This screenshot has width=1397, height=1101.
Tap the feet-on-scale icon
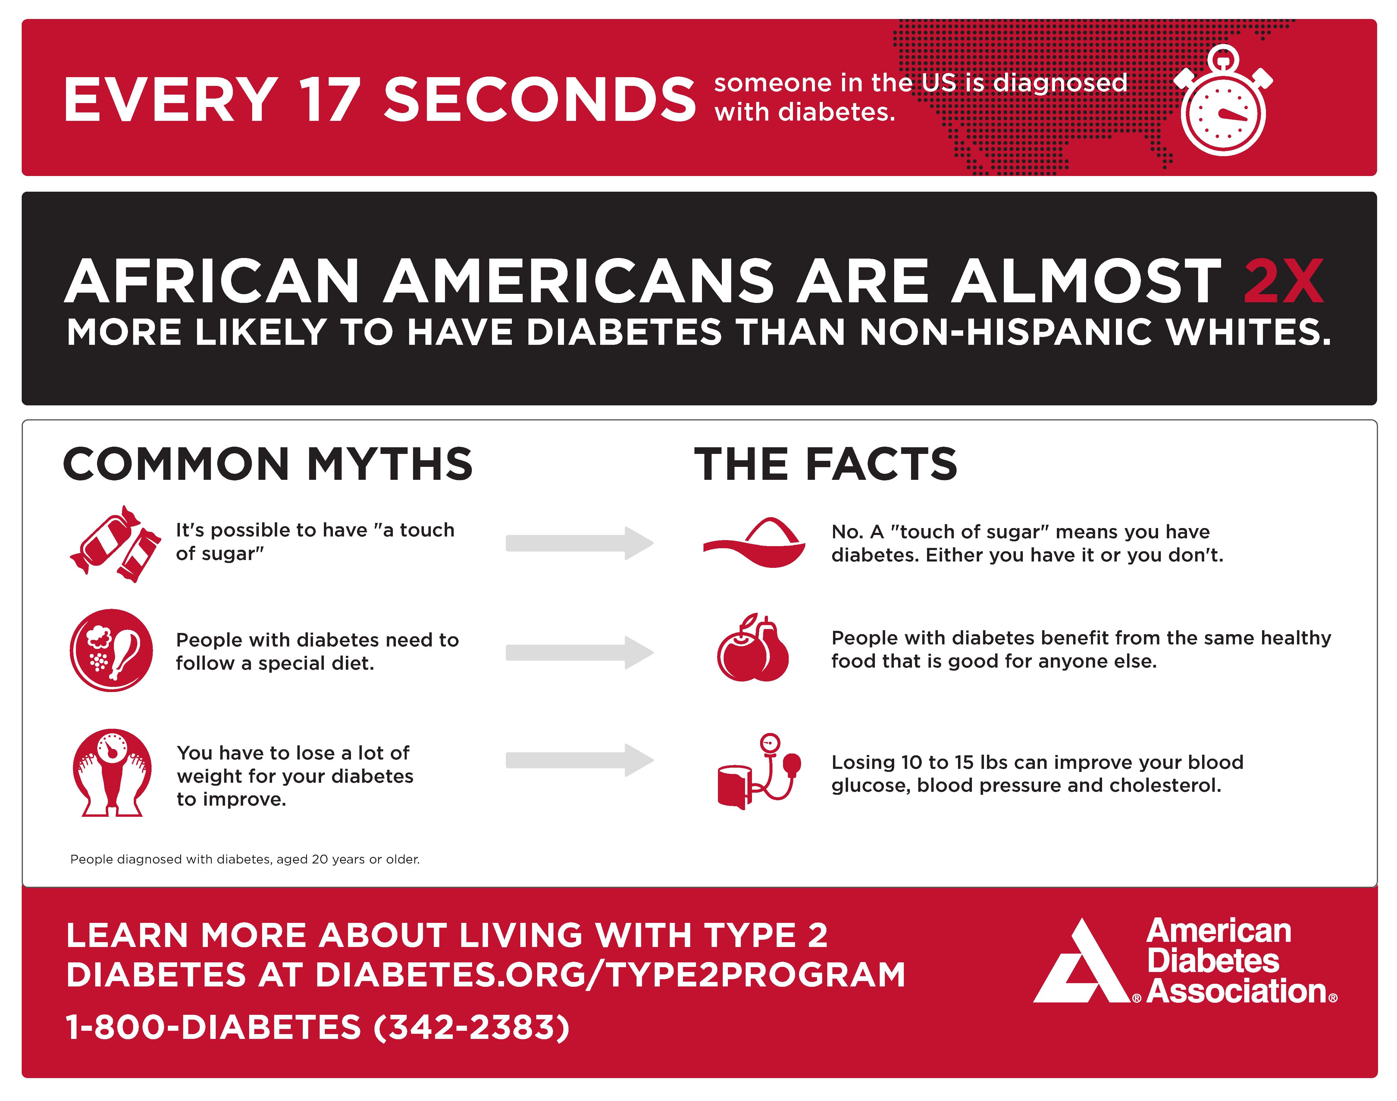113,772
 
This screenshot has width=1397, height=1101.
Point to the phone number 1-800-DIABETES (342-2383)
318,1027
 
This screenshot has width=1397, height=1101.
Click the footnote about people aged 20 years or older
245,859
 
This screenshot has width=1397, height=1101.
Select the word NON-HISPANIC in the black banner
1005,333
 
